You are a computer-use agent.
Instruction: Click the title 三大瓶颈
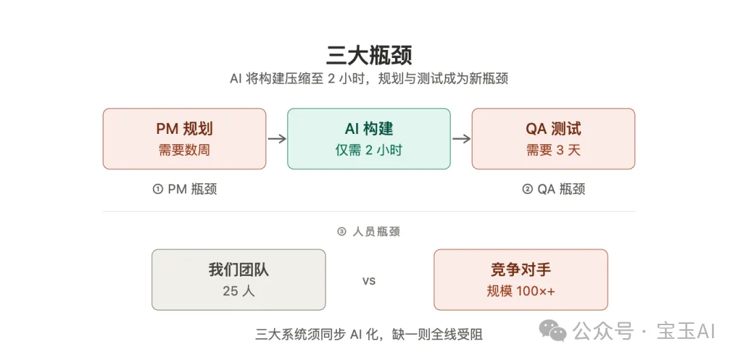[x=369, y=55]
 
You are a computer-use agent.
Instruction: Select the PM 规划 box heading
[x=184, y=129]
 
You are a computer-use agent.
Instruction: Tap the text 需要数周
[x=184, y=150]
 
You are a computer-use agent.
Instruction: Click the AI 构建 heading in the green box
[x=368, y=129]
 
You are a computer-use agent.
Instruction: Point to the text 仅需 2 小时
[x=368, y=150]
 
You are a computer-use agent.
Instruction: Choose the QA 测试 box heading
[x=553, y=129]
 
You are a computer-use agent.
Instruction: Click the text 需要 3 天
[x=553, y=150]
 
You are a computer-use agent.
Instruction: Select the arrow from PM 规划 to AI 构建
[x=277, y=139]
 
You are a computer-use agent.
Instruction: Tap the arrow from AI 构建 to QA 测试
[x=461, y=139]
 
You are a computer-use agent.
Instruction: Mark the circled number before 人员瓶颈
[x=342, y=232]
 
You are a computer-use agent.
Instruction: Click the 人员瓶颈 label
[x=376, y=232]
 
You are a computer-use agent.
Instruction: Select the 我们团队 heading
[x=238, y=270]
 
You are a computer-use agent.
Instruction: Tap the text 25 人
[x=238, y=291]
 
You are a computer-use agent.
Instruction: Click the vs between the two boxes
[x=369, y=281]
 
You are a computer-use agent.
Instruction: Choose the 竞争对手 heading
[x=521, y=270]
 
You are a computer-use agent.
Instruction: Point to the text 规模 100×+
[x=521, y=291]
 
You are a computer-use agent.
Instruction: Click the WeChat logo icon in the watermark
[x=553, y=332]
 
